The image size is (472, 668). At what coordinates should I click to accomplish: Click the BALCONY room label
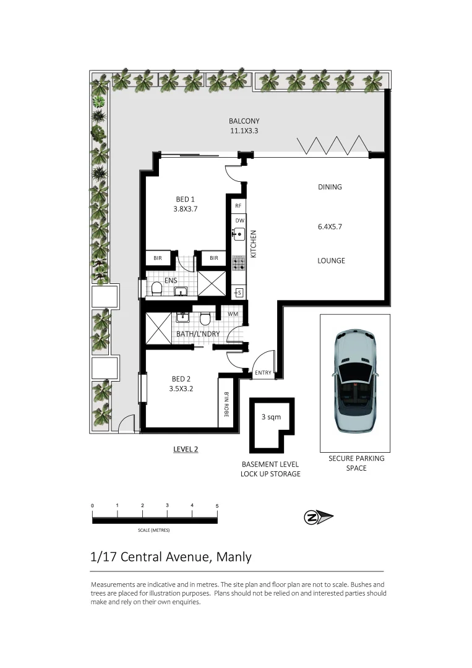tap(244, 121)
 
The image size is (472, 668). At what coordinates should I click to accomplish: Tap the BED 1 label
tap(186, 199)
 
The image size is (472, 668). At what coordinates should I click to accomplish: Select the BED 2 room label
tap(181, 379)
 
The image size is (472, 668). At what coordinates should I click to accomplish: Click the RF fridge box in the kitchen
tap(238, 206)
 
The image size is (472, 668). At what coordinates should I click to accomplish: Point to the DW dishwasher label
tap(240, 220)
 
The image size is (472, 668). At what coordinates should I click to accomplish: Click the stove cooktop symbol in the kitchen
tap(239, 263)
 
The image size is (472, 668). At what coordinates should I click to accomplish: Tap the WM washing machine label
tap(233, 314)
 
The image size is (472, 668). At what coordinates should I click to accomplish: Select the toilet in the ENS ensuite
tap(157, 289)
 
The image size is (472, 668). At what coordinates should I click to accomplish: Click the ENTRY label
tap(263, 373)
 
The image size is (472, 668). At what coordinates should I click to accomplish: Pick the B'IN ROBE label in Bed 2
tap(226, 404)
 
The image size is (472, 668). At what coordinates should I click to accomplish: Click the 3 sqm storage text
tap(271, 417)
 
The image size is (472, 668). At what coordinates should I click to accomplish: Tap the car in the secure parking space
tap(355, 381)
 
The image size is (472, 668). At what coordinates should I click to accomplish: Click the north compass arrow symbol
tap(318, 518)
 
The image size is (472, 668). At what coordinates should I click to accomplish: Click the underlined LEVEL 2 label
tap(186, 449)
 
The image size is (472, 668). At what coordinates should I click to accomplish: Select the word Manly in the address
tap(234, 557)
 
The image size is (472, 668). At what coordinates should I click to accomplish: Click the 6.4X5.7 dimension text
tap(330, 226)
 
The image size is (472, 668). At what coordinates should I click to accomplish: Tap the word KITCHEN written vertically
tap(254, 244)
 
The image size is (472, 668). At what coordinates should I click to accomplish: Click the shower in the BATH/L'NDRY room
tap(159, 328)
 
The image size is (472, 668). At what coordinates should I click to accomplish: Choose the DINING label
tap(330, 187)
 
